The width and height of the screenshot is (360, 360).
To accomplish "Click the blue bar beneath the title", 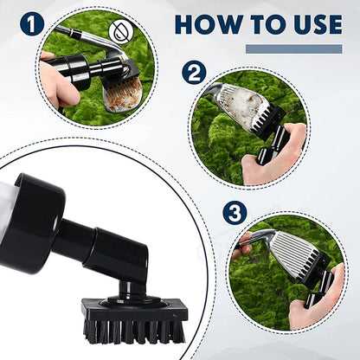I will click(x=293, y=48).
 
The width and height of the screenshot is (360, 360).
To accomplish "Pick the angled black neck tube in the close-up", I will click(x=100, y=247).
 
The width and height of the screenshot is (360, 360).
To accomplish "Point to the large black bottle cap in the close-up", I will click(x=35, y=221).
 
